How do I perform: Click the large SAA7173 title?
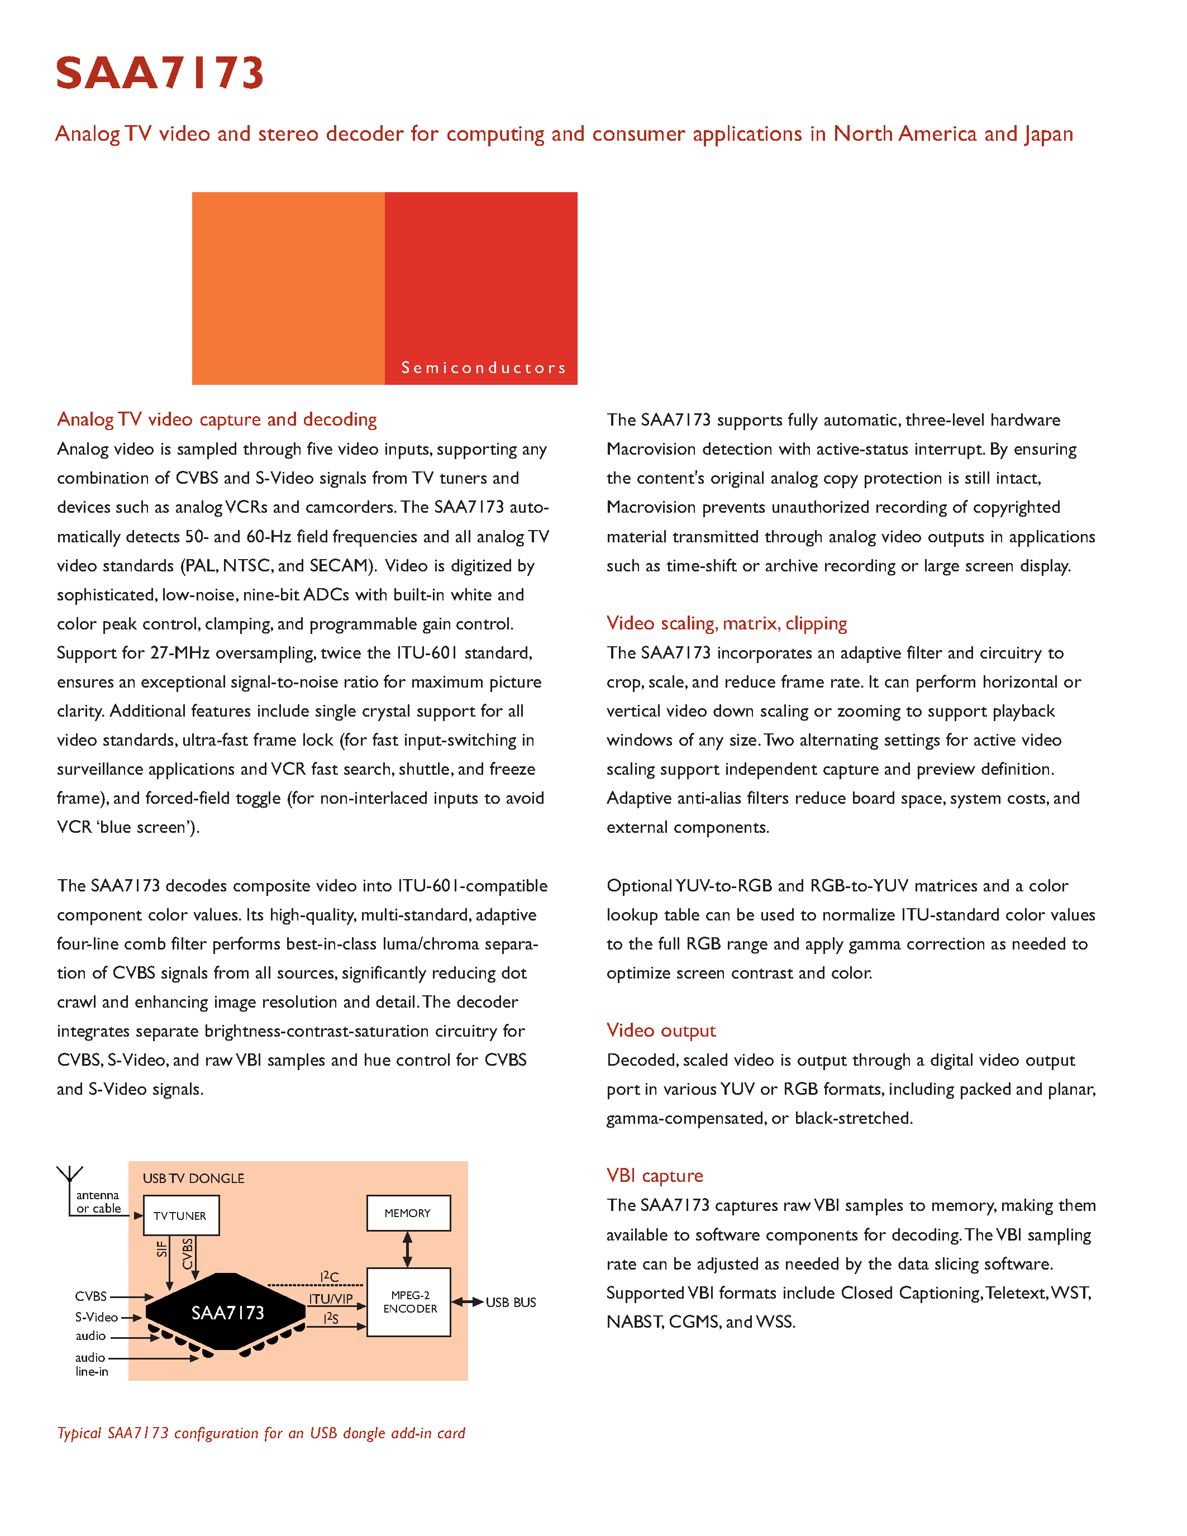(x=160, y=73)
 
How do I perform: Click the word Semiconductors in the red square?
(x=483, y=368)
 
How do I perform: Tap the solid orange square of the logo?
(x=288, y=288)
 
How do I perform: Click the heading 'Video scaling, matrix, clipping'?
(x=726, y=623)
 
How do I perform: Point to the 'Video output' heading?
(x=661, y=1031)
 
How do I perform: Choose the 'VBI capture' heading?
(x=655, y=1176)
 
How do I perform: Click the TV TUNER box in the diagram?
(x=181, y=1216)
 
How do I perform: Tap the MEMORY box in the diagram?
(x=408, y=1213)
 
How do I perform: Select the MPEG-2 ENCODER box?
(x=409, y=1302)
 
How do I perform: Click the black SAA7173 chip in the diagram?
(x=226, y=1313)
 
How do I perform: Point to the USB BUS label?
(x=511, y=1303)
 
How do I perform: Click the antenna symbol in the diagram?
(x=70, y=1175)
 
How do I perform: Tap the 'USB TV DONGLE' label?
(x=193, y=1179)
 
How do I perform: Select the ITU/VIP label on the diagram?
(x=331, y=1299)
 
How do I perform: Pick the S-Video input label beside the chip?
(x=96, y=1317)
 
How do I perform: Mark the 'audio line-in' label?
(x=92, y=1365)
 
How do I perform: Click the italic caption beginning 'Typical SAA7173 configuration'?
(x=261, y=1433)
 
